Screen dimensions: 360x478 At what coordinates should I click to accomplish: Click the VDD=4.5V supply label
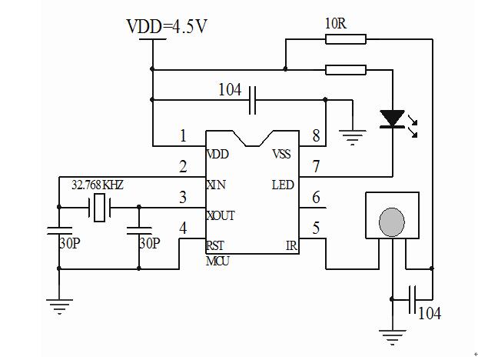coord(167,27)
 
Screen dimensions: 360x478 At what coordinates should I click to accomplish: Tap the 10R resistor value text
coord(336,23)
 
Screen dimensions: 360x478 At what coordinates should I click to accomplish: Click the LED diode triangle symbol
coord(393,118)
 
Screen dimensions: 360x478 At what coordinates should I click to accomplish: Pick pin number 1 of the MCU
coord(183,137)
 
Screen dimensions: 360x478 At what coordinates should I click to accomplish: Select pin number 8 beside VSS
coord(315,137)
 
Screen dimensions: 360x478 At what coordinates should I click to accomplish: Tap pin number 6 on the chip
coord(315,198)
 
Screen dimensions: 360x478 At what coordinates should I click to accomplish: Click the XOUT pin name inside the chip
coord(221,215)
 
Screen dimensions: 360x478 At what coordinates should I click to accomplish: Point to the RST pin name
coord(214,246)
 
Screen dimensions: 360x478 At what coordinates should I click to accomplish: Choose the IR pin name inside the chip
coord(291,246)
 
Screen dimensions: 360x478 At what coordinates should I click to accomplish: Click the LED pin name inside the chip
coord(282,185)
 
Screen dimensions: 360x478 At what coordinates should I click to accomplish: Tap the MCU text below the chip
coord(217,260)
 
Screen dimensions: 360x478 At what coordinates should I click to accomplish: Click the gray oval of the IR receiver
coord(392,222)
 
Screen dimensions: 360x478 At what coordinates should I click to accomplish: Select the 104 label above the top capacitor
coord(230,90)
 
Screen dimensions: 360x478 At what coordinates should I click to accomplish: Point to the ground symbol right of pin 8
coord(352,137)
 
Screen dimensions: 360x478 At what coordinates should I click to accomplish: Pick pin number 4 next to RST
coord(183,228)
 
